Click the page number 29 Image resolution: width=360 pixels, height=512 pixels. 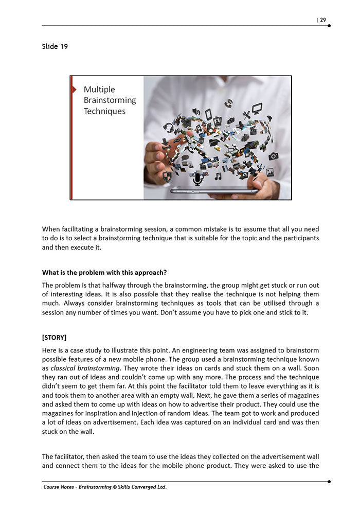[x=322, y=20]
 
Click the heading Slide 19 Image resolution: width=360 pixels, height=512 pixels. [x=55, y=46]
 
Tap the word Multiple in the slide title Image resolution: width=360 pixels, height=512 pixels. [x=99, y=90]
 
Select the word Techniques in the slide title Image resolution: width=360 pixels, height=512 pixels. [x=104, y=111]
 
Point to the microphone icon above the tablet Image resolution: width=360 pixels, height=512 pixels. [x=197, y=179]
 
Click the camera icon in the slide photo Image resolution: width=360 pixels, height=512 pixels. [x=273, y=156]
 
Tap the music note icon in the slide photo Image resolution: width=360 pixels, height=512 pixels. [x=218, y=176]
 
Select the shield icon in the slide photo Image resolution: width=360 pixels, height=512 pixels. [x=167, y=176]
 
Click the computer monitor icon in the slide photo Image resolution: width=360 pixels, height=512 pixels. [x=257, y=108]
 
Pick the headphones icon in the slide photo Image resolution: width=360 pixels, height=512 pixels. [x=168, y=127]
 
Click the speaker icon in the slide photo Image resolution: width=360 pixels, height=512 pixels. [x=196, y=112]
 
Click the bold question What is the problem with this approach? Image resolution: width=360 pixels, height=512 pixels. [x=104, y=272]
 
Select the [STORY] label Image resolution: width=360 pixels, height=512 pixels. [x=54, y=338]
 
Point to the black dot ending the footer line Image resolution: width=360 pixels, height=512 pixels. [x=329, y=482]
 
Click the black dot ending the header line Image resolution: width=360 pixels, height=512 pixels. [x=329, y=25]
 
